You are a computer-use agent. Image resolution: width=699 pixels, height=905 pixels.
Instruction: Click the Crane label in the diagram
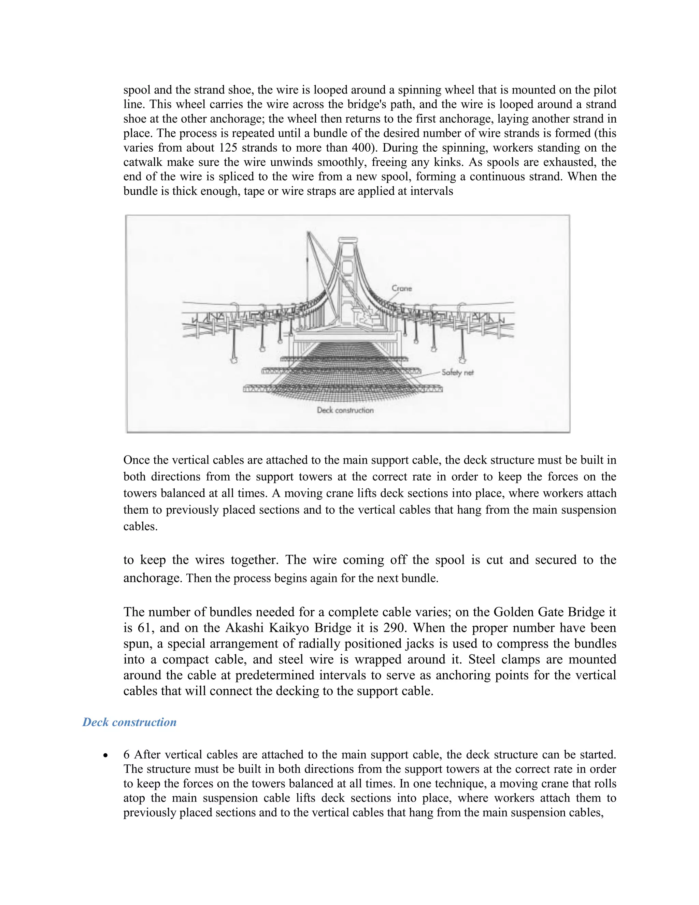(402, 288)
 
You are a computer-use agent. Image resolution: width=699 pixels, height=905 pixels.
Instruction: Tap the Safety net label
(457, 372)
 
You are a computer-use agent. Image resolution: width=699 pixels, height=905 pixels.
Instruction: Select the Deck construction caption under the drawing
(345, 410)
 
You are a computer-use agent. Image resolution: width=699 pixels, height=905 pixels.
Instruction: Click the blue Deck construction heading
(129, 722)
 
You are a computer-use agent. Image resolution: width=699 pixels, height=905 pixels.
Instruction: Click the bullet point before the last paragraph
(106, 755)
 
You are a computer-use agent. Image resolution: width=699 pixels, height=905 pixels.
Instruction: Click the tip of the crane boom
(308, 233)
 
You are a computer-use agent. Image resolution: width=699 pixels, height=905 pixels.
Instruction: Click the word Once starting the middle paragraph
(136, 460)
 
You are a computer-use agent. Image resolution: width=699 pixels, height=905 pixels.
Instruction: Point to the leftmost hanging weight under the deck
(234, 360)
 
